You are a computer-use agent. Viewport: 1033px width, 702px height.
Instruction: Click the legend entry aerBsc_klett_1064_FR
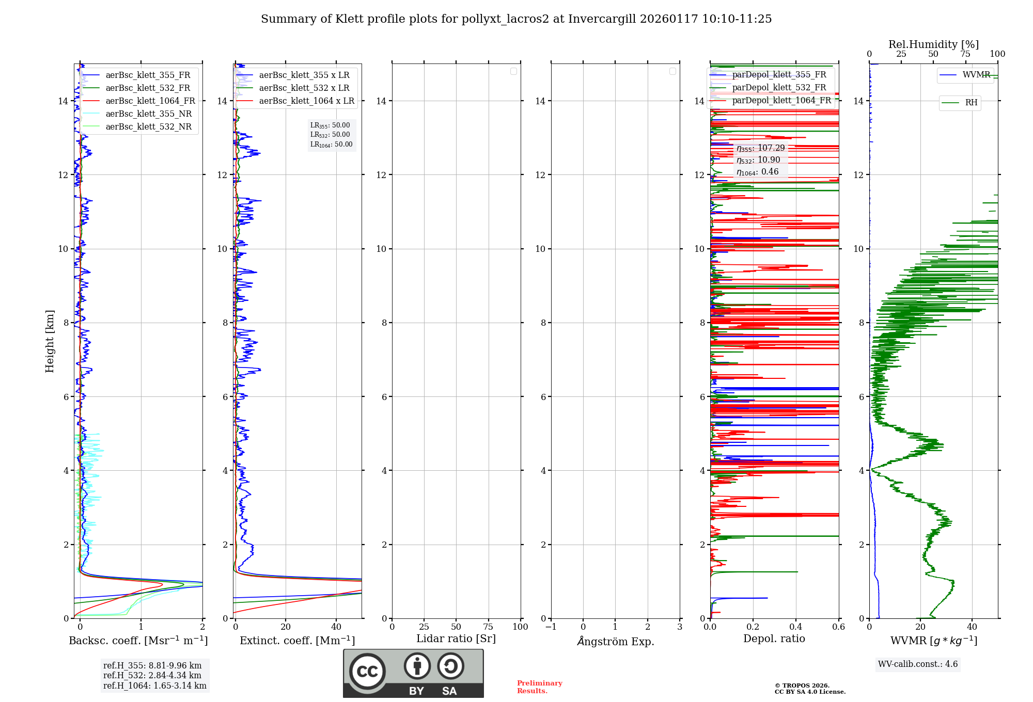click(x=150, y=101)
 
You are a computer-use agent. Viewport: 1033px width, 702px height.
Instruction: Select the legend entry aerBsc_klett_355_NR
click(x=148, y=114)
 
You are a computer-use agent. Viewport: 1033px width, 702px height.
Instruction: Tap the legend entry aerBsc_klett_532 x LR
click(x=304, y=88)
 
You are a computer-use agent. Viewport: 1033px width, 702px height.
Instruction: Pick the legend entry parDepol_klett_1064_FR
click(x=781, y=101)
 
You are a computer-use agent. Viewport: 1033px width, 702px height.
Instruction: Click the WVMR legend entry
click(x=976, y=75)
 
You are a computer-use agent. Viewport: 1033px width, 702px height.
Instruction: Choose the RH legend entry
click(x=971, y=103)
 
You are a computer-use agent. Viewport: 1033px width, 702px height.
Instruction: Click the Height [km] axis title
click(x=50, y=341)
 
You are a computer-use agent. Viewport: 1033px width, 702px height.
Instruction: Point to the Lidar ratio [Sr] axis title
click(x=456, y=639)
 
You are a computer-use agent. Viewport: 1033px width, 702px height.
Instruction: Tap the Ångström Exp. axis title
click(x=615, y=642)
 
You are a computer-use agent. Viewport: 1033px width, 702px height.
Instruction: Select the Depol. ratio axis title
click(x=774, y=639)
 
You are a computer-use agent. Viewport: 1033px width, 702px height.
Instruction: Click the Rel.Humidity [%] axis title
click(x=933, y=44)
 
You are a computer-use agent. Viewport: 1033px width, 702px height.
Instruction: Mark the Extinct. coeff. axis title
click(x=297, y=641)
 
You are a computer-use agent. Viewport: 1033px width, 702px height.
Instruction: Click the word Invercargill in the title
click(x=602, y=19)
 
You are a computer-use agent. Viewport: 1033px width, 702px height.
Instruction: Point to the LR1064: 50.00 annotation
click(x=332, y=145)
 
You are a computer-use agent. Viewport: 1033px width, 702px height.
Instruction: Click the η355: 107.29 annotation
click(x=761, y=148)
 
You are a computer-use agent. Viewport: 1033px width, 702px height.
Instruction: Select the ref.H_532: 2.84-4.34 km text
click(x=152, y=676)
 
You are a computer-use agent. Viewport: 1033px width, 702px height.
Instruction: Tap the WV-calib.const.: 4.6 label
click(x=918, y=664)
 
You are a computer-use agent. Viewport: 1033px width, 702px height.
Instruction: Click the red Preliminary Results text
click(x=539, y=687)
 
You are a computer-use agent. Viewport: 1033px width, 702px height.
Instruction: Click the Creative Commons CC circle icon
click(x=367, y=671)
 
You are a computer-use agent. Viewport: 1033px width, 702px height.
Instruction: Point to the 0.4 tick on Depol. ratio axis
click(x=796, y=627)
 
